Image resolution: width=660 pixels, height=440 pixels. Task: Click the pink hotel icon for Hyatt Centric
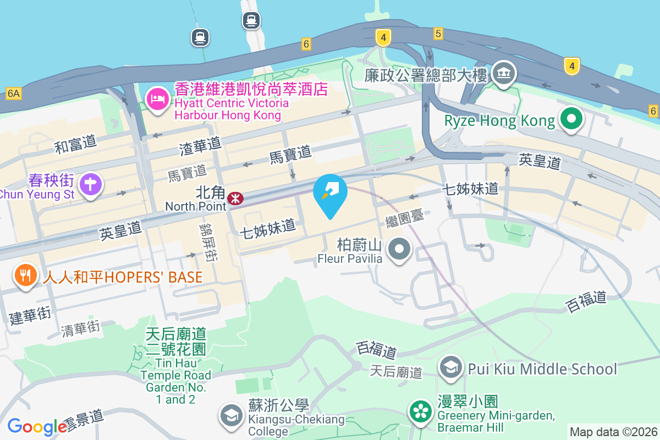pos(157,100)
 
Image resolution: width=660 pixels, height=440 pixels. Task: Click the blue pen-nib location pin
pos(330,193)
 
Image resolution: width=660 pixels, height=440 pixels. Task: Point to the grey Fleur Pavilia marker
pos(400,249)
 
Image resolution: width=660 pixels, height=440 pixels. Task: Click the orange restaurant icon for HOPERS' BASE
pos(25,275)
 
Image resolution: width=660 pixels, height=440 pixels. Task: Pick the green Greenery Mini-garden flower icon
pos(421,411)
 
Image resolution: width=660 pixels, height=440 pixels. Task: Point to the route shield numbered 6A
pos(13,94)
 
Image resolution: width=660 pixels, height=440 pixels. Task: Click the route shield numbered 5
pos(438,34)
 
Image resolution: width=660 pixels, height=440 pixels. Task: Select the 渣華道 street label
pos(200,145)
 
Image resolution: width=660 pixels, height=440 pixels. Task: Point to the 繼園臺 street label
pos(405,218)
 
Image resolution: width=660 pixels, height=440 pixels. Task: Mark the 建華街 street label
pos(30,316)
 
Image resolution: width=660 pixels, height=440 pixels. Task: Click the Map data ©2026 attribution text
pos(613,432)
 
